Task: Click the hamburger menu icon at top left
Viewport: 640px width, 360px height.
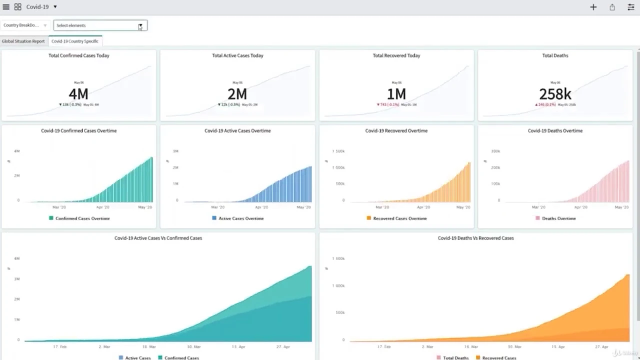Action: [6, 7]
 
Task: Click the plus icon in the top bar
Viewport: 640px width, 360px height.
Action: [593, 7]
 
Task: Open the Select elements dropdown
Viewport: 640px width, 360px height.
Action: [100, 25]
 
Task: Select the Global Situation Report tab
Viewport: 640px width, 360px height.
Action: [23, 41]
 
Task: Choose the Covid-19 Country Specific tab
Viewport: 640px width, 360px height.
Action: [75, 41]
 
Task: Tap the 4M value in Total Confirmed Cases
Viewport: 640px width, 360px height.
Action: [78, 94]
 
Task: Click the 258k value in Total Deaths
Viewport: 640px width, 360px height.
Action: [555, 94]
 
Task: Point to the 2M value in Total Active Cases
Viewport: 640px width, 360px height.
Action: [237, 94]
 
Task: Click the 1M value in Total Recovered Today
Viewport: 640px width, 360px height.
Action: [396, 94]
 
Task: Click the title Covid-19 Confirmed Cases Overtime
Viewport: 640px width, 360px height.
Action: [78, 131]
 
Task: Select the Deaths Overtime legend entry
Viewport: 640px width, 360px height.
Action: [555, 218]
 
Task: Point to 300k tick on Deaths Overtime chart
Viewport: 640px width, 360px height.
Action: [495, 151]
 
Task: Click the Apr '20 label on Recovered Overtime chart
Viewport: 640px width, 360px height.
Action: [423, 207]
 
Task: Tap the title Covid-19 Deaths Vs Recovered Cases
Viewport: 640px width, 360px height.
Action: [475, 238]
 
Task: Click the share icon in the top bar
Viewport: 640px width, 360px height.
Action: [612, 7]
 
